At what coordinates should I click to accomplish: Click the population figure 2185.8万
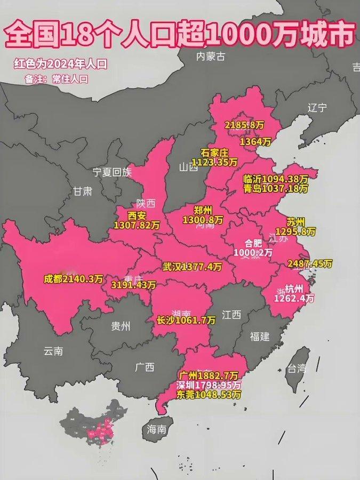point(244,125)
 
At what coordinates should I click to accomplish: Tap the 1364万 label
point(255,142)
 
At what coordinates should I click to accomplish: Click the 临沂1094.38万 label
point(275,179)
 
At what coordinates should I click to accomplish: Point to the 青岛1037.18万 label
point(275,188)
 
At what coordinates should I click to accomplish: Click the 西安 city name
point(137,216)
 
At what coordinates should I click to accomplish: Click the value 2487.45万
point(309,263)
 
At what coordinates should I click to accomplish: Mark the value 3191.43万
point(133,285)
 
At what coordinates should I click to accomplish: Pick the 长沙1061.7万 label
point(186,320)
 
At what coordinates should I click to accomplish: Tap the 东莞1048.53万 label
point(209,395)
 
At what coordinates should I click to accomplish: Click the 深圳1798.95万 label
point(209,385)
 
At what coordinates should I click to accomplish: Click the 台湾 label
point(297,368)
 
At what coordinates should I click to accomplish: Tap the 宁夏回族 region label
point(111,172)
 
